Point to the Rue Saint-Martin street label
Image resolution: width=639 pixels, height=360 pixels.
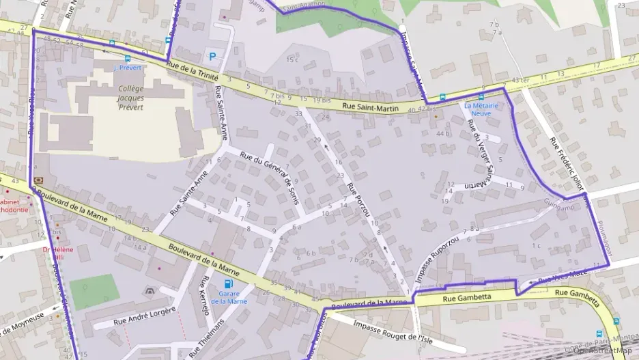[369, 107]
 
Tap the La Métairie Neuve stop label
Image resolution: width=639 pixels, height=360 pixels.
[482, 110]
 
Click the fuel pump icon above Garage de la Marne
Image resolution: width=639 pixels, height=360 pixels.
[227, 283]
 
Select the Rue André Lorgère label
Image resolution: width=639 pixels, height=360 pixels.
[144, 316]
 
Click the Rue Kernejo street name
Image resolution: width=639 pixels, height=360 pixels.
[203, 296]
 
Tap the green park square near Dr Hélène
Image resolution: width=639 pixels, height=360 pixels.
[94, 291]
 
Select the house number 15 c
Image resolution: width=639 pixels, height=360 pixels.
[292, 60]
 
